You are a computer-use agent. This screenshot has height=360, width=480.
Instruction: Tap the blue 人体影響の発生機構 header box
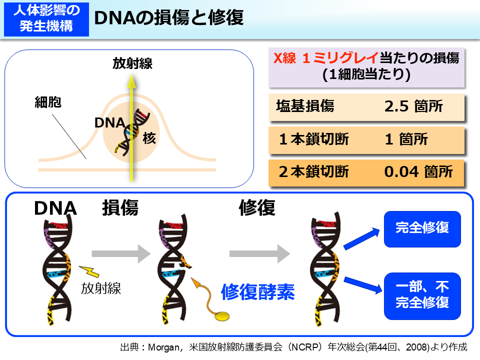[x=46, y=18]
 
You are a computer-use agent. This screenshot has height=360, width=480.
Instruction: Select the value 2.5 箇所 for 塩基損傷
[x=413, y=106]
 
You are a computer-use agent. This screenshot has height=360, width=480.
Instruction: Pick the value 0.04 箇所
[x=418, y=171]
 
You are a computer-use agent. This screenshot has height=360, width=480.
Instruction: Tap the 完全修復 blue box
[x=422, y=228]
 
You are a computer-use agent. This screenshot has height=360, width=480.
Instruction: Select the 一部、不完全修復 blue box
[x=422, y=295]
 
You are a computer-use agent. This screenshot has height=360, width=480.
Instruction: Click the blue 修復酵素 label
[x=257, y=290]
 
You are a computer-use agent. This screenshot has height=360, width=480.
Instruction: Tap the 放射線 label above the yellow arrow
[x=132, y=63]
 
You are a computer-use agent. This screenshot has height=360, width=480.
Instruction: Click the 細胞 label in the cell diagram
[x=47, y=103]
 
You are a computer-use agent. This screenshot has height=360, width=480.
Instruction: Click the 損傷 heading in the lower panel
[x=120, y=207]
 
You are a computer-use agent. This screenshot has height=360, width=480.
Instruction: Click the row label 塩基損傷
[x=305, y=106]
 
